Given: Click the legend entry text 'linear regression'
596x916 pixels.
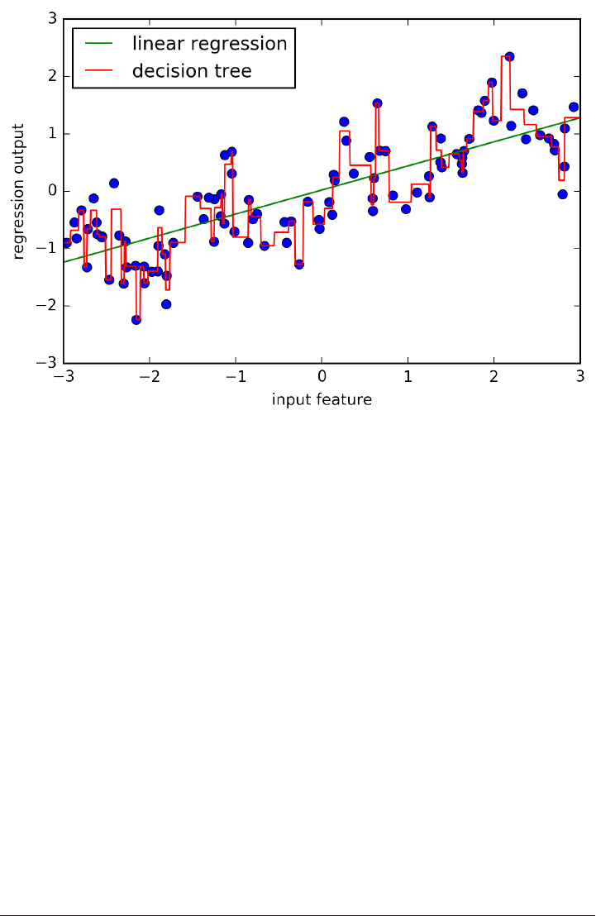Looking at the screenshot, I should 210,44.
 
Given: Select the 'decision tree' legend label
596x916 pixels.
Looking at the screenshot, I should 192,72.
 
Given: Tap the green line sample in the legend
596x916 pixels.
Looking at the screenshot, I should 101,45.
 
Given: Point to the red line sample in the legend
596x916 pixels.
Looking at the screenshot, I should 101,72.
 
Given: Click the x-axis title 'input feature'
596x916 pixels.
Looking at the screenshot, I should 322,400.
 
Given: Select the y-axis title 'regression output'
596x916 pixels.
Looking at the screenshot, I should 17,191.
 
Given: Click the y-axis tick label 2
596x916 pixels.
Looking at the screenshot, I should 52,76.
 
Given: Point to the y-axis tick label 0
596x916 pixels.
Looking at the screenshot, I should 52,191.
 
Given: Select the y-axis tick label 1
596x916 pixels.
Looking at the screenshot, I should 52,134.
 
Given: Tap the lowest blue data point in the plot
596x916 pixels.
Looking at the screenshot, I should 136,319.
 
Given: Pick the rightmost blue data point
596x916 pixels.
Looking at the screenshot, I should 574,107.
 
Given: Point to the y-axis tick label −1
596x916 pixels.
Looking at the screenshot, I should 48,248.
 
